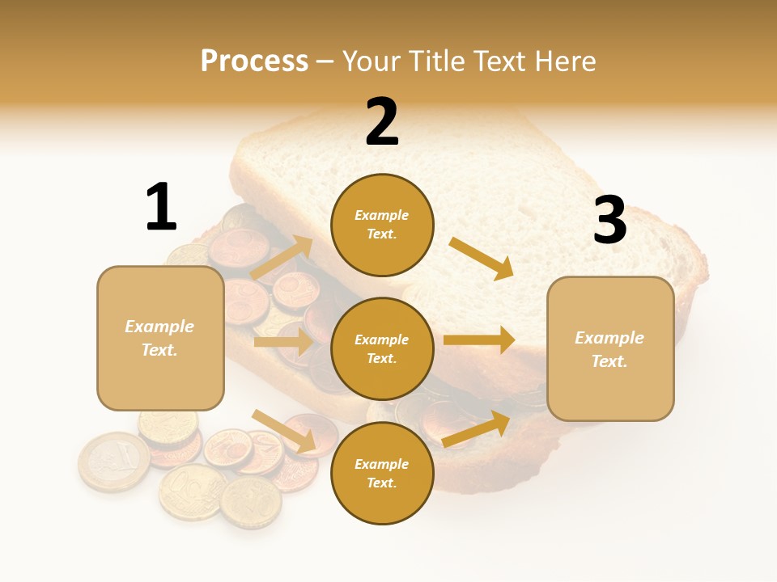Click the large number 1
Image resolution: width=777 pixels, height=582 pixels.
pyautogui.click(x=161, y=207)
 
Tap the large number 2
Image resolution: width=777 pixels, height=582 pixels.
pyautogui.click(x=382, y=122)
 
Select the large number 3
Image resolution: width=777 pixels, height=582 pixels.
pyautogui.click(x=609, y=220)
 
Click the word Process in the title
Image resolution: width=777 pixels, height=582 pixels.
pyautogui.click(x=254, y=61)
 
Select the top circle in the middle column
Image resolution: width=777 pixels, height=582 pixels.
pyautogui.click(x=382, y=225)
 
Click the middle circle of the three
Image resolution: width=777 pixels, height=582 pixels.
pyautogui.click(x=382, y=348)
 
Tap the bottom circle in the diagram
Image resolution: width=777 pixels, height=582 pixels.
pyautogui.click(x=382, y=473)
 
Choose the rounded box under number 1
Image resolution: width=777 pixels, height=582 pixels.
pyautogui.click(x=160, y=338)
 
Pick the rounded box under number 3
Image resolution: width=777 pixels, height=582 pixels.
pyautogui.click(x=610, y=349)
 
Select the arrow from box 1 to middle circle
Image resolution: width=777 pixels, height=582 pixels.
pyautogui.click(x=283, y=342)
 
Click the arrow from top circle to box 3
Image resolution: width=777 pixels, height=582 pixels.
pyautogui.click(x=482, y=259)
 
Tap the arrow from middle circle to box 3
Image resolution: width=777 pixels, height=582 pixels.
pyautogui.click(x=479, y=340)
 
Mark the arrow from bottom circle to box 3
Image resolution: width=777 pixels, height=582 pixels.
pyautogui.click(x=477, y=428)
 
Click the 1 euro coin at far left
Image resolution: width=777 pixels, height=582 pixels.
pyautogui.click(x=113, y=462)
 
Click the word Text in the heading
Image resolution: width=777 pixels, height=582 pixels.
pyautogui.click(x=500, y=61)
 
